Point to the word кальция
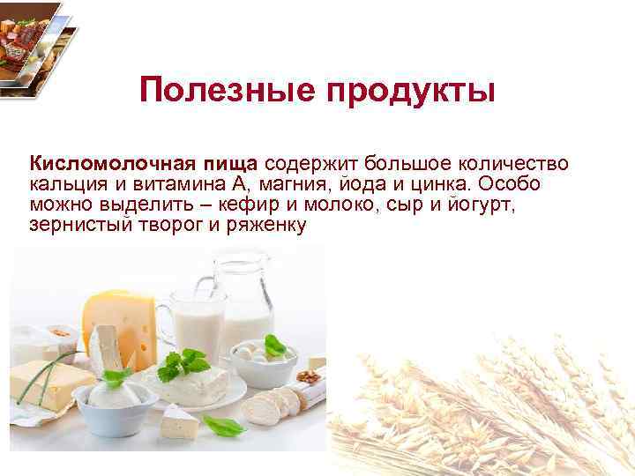point(63,184)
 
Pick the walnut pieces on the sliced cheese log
point(308,377)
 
